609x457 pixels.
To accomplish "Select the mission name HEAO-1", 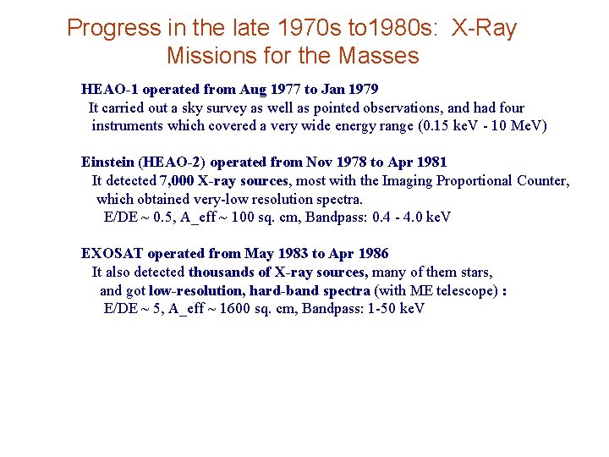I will point(105,89).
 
